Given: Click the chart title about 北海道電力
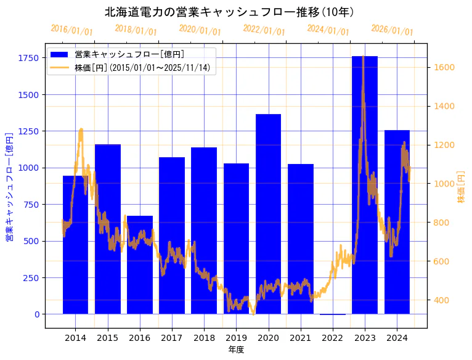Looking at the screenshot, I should tap(229, 12).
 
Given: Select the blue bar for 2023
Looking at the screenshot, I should tap(365, 185).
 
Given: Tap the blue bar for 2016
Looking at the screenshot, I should tap(140, 265).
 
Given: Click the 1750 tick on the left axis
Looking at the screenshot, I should tap(28, 58).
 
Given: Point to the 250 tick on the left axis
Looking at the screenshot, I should tap(31, 278).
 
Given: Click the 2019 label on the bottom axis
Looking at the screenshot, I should tap(236, 338).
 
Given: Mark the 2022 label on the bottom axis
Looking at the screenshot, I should tap(333, 338).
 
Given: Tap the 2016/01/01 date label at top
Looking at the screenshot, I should tap(72, 30).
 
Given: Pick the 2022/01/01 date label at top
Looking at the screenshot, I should tap(264, 30).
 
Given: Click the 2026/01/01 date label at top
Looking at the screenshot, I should tap(393, 30).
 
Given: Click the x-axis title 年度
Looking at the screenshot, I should tap(236, 350).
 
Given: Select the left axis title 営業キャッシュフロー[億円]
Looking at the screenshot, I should tap(9, 186).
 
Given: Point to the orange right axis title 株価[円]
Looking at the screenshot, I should tap(462, 186).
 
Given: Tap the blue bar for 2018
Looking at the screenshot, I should tap(204, 231).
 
